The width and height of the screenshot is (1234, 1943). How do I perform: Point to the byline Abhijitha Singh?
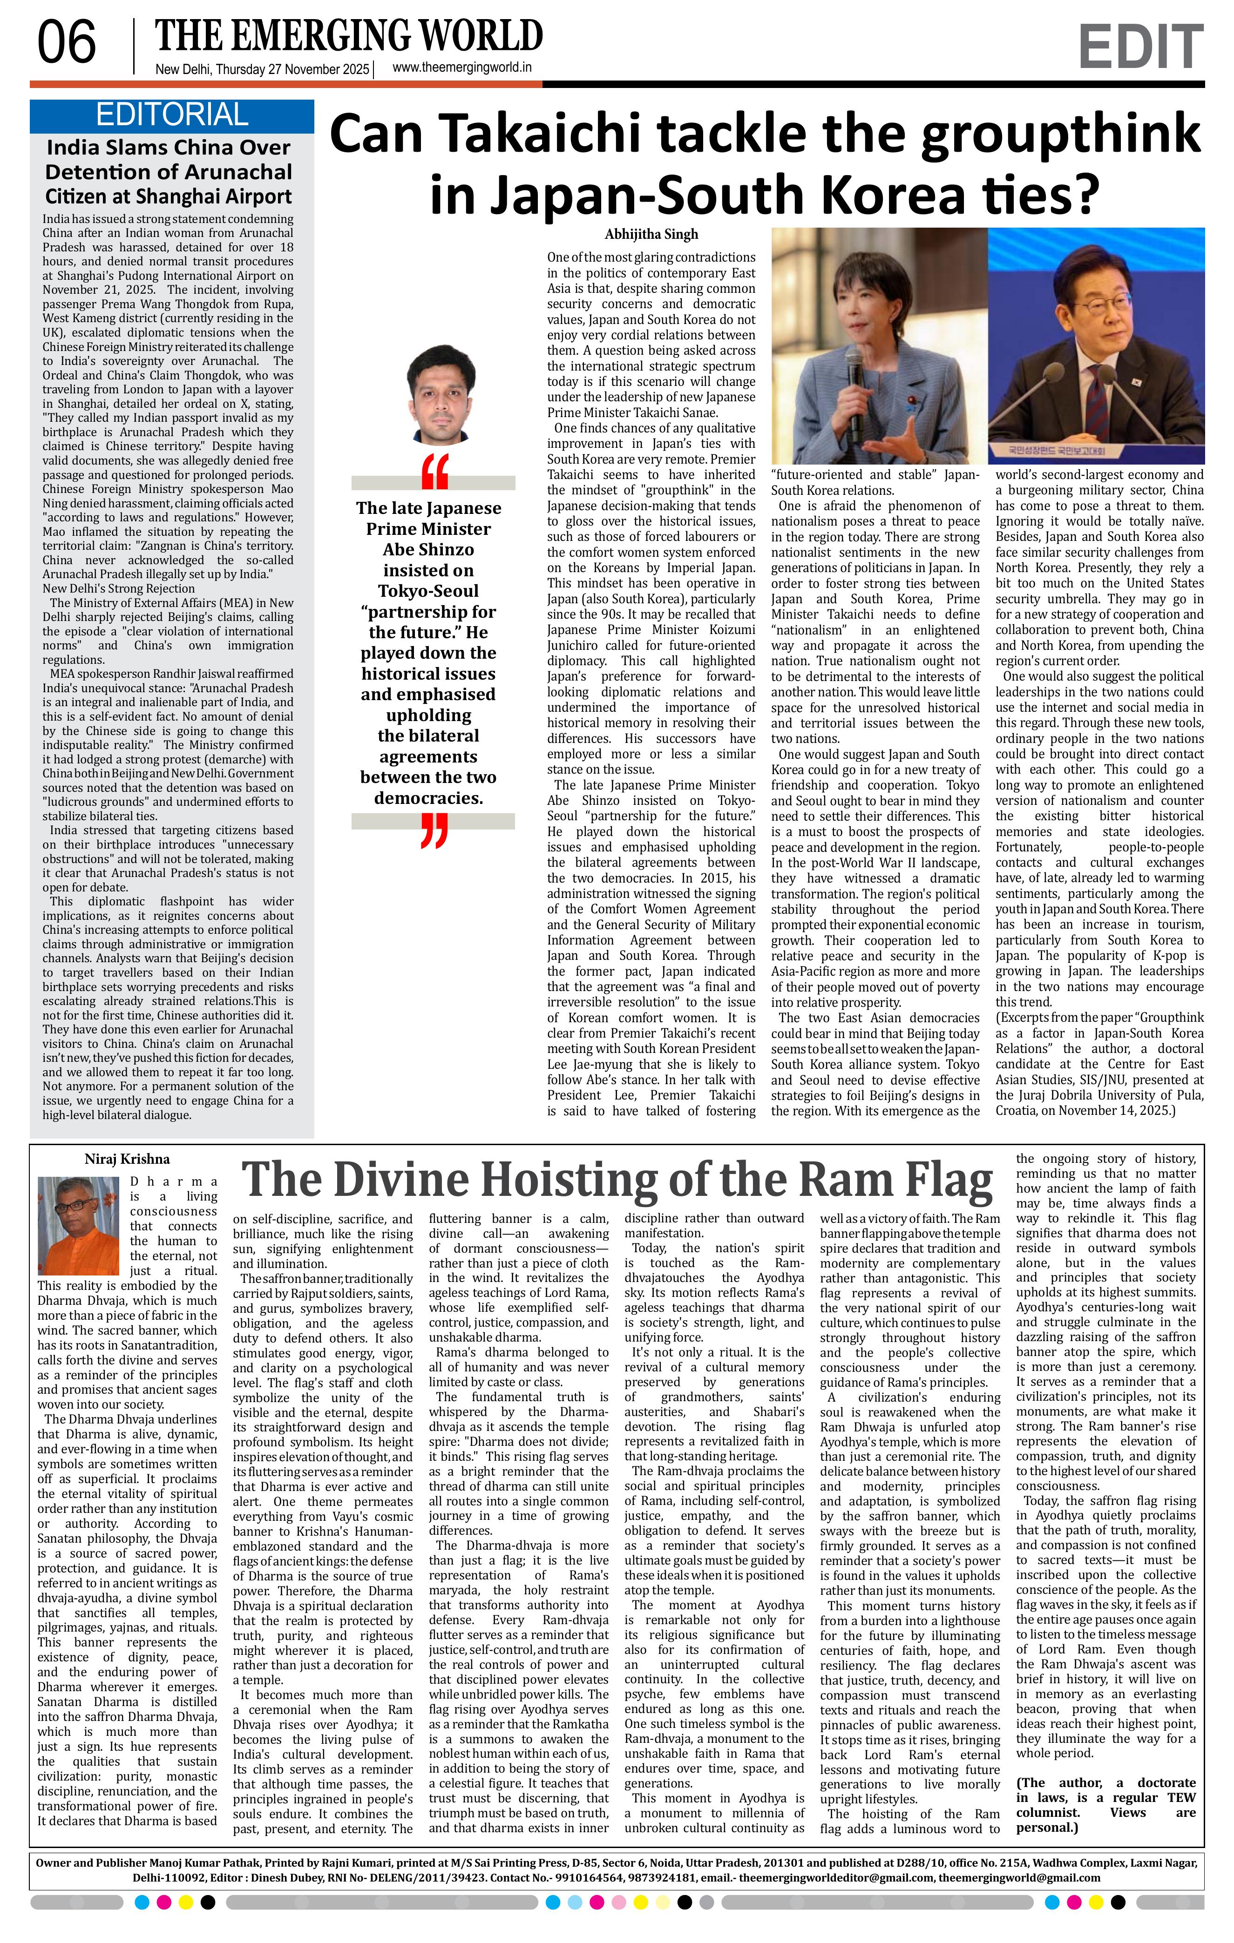click(651, 234)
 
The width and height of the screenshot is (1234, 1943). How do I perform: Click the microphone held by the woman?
click(853, 373)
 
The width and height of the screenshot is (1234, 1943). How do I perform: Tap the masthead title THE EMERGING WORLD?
click(349, 35)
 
